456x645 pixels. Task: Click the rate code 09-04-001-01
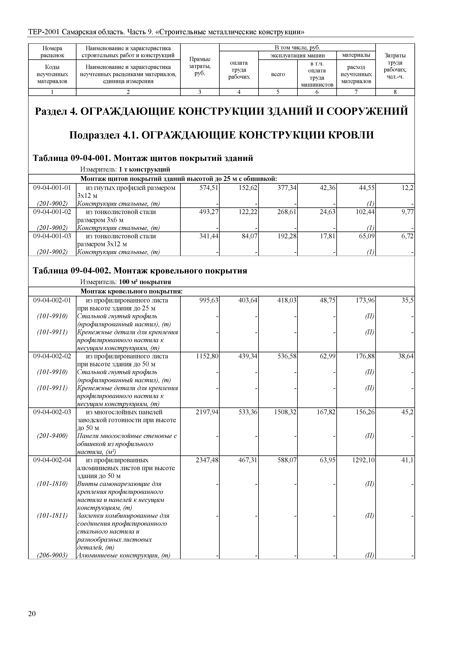[x=52, y=188]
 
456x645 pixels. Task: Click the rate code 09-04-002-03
[x=52, y=412]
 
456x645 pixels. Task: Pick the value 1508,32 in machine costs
[x=285, y=412]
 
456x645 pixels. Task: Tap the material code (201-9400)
[x=52, y=436]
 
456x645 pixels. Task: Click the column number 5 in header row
[x=278, y=92]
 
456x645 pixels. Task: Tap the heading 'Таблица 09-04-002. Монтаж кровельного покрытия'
[x=140, y=271]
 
